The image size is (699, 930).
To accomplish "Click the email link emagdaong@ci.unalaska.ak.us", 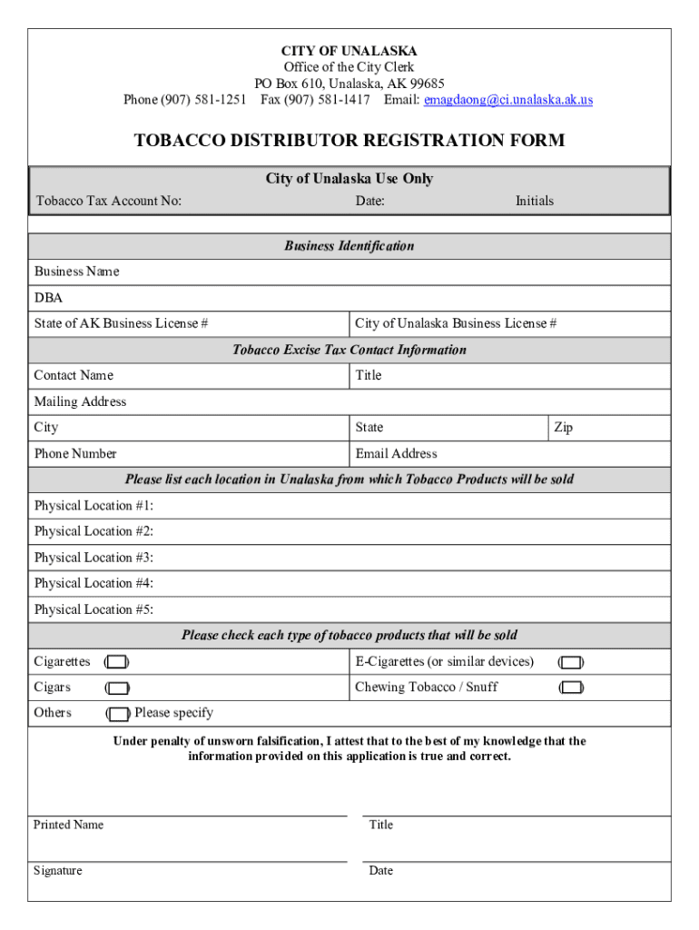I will [508, 100].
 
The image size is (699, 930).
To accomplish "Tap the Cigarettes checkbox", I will [116, 662].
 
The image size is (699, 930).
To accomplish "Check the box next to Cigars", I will [116, 688].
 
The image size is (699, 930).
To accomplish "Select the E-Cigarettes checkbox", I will [570, 662].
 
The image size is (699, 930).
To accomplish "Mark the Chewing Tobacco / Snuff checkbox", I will [570, 688].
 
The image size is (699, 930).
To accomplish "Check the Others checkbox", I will [118, 714].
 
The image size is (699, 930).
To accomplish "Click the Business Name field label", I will [76, 272].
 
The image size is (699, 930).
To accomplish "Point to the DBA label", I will [48, 298].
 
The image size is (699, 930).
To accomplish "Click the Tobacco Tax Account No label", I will [108, 201].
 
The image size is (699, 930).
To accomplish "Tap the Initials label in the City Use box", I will [535, 201].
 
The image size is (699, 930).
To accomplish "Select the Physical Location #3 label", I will [94, 558].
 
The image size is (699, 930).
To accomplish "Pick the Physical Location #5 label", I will [94, 609].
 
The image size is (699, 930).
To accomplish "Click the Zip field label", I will [563, 428].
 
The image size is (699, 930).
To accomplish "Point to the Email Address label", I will [396, 454].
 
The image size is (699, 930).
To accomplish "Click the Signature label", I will [57, 871].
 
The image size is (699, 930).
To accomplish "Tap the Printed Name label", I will [68, 825].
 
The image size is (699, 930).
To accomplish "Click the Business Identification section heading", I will [349, 246].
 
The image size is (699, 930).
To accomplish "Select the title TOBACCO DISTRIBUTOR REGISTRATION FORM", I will [349, 141].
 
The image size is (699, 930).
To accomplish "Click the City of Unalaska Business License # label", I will [456, 323].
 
